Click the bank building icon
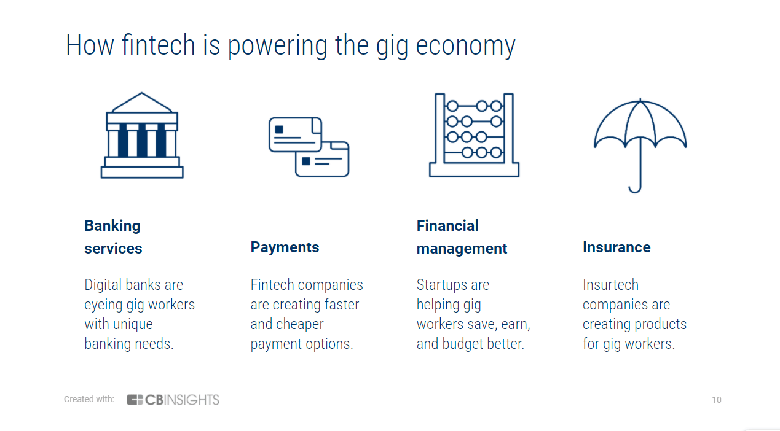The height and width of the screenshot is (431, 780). (x=142, y=136)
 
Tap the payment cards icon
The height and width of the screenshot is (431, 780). (x=309, y=147)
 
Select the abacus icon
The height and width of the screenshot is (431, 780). (x=474, y=135)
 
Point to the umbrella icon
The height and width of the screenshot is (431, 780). (x=640, y=144)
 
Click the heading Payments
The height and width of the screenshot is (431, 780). (x=285, y=247)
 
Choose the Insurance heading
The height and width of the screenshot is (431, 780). (x=617, y=247)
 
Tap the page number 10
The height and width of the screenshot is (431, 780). (x=717, y=400)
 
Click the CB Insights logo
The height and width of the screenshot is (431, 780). (x=173, y=400)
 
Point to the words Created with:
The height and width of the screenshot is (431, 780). (x=89, y=400)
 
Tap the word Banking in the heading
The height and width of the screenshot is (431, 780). (x=112, y=226)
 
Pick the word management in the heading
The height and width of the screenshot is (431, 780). (x=462, y=249)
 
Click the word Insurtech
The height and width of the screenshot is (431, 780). (x=610, y=285)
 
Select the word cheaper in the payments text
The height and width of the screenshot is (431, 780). (x=299, y=324)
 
